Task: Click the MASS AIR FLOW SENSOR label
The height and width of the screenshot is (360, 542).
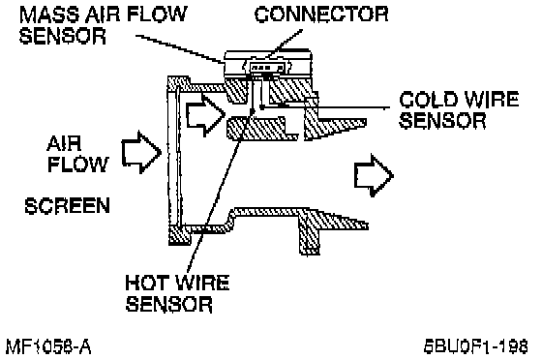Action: point(103,24)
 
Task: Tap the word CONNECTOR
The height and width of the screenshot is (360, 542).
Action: point(321,15)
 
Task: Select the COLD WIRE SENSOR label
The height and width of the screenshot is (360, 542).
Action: point(459,110)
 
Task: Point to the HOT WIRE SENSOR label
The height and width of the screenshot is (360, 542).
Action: point(177,293)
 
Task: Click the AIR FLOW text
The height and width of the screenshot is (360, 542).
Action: point(77,154)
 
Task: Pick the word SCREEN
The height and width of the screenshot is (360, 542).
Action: point(67,206)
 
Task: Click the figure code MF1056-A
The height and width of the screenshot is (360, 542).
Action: point(48,346)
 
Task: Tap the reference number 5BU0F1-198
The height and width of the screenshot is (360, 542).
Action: point(476,346)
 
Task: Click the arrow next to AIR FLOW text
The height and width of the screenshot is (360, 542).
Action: point(141,152)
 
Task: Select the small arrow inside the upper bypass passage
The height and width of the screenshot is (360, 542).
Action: point(205,115)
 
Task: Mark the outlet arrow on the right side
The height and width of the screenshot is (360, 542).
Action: point(374,175)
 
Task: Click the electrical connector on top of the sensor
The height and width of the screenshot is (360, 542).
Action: point(267,67)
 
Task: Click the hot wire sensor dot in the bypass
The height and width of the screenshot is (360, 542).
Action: point(253,111)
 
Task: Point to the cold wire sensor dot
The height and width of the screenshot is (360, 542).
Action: point(262,107)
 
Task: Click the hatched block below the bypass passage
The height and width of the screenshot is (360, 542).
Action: point(261,129)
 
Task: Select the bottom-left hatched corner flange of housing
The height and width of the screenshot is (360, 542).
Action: point(179,235)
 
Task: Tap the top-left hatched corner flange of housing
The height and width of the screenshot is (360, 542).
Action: point(178,84)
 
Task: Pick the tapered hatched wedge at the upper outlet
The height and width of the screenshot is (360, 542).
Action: point(334,124)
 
